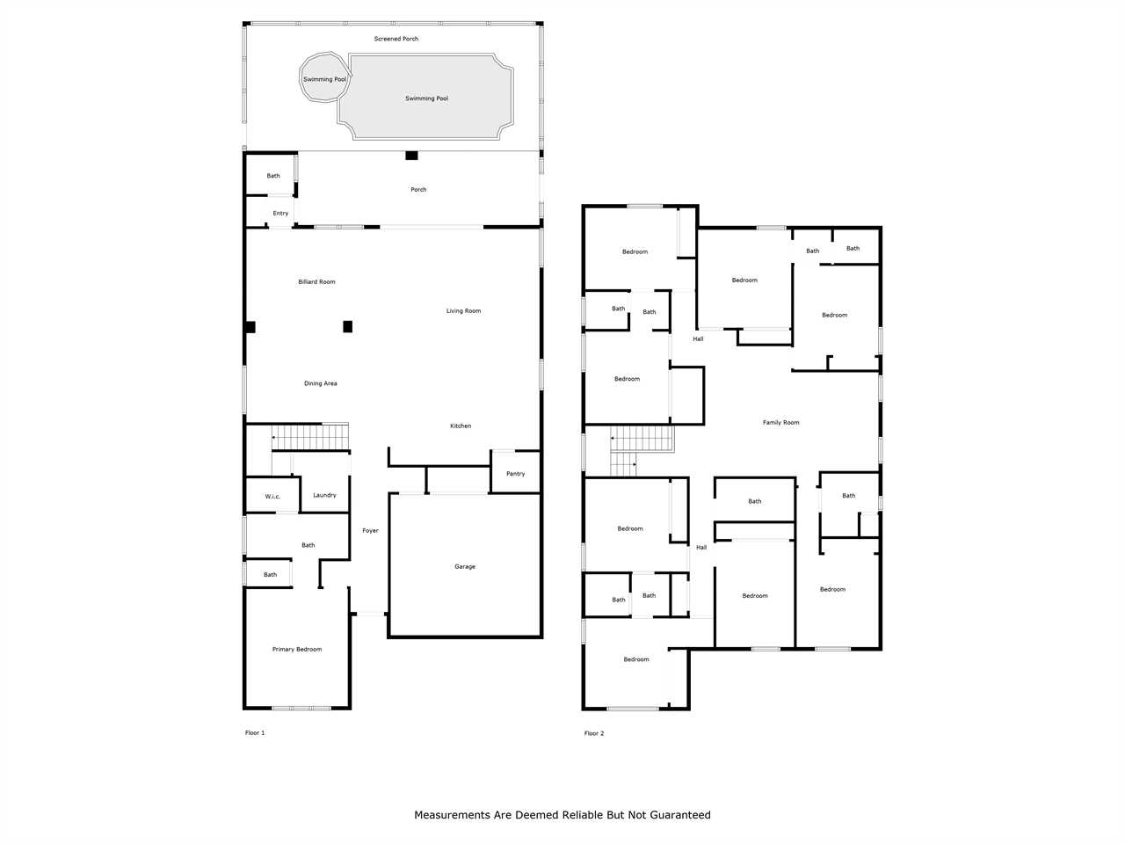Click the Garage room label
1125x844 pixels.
point(464,566)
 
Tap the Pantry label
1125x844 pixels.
point(515,474)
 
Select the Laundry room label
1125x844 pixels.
point(324,495)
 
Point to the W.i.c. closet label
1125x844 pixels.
point(272,497)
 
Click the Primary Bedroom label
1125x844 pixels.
point(297,650)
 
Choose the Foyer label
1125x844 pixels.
point(370,530)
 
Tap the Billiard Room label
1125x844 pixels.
point(316,282)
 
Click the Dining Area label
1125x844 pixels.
point(320,383)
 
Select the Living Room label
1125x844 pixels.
point(463,310)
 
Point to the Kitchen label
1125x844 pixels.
point(461,426)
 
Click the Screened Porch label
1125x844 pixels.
point(396,39)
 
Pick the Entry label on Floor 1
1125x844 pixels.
point(280,213)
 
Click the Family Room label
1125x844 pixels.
point(780,422)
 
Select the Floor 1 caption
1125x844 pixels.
point(255,733)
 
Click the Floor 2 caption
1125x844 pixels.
point(594,733)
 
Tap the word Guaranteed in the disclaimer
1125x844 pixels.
point(680,815)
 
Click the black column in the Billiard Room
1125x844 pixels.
point(347,326)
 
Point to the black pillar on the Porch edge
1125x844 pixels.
point(411,156)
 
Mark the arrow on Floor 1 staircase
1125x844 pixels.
point(274,437)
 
